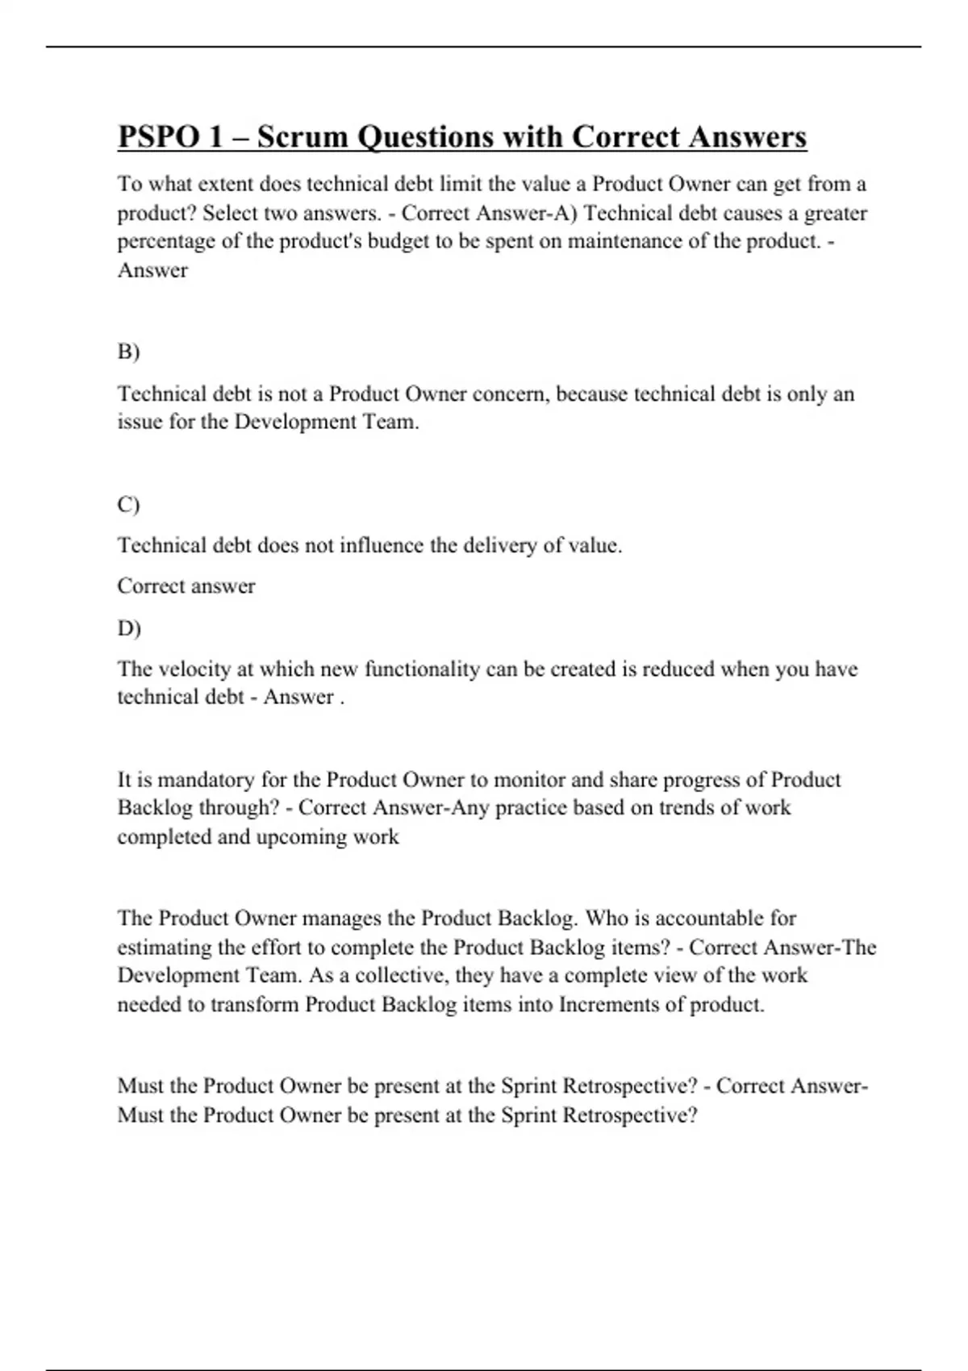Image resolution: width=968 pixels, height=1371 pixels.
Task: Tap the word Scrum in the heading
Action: pos(302,137)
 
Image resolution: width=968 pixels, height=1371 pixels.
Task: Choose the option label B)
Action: pos(128,352)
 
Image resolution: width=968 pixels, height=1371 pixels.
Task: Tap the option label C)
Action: pos(128,504)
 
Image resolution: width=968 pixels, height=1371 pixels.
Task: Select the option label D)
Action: pos(129,627)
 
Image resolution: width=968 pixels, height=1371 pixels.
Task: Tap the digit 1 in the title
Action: pos(215,137)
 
